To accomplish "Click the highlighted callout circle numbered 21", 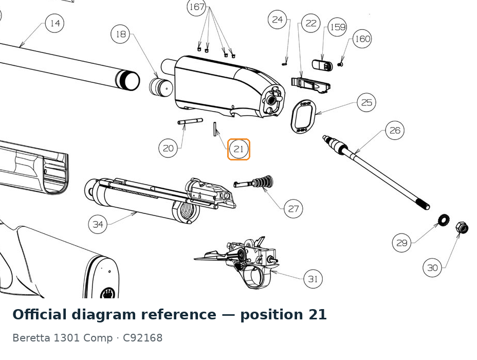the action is tap(238, 149).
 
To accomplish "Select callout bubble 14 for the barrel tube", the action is tap(55, 23).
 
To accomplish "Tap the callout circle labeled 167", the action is tap(196, 7).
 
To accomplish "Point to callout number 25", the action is tap(366, 102).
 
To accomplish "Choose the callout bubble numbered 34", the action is tap(98, 224).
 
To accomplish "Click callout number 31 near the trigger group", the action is tap(313, 279).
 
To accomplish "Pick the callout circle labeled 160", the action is tap(362, 39).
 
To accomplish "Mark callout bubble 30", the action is tap(432, 268).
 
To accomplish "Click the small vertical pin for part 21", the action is tap(215, 129).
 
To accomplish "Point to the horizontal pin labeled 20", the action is tap(190, 121).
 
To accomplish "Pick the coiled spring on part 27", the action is tap(264, 182).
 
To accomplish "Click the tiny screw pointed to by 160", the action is tap(340, 64).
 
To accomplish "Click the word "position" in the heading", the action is tap(271, 315).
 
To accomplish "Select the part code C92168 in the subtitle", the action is tap(143, 338).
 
